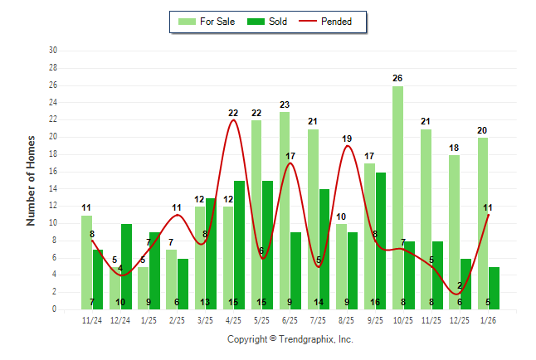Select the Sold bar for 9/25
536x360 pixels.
pos(380,241)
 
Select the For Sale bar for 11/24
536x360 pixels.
pos(86,262)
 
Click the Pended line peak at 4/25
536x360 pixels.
pos(233,120)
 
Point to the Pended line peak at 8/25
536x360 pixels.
pos(347,146)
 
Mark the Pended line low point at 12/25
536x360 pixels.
pos(459,293)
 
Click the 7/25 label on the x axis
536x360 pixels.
pos(319,320)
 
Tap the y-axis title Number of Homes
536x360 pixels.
pos(31,180)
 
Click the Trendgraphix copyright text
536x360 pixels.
pos(290,339)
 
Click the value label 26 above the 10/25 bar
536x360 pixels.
pos(397,78)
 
